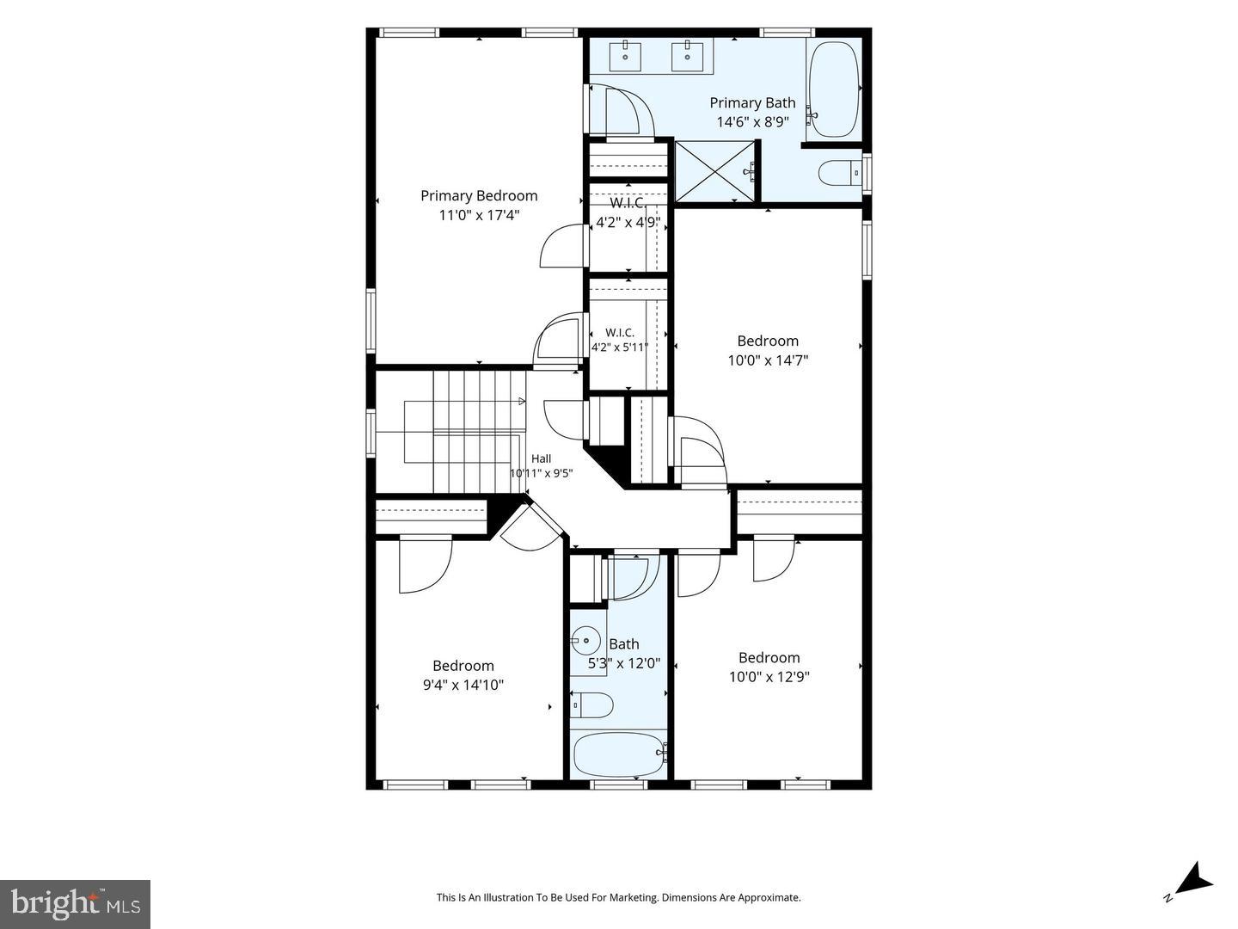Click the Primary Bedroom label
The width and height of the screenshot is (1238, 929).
pos(479,196)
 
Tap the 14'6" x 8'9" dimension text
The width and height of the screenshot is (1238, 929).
pos(752,122)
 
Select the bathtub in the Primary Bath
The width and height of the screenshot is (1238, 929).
pos(834,89)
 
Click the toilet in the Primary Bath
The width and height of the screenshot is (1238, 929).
pos(839,173)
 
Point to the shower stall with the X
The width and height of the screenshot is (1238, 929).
pos(714,171)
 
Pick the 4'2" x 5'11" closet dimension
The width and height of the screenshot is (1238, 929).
pos(620,348)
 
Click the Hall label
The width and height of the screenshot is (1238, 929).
pos(541,458)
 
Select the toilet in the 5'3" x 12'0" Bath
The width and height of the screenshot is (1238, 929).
pos(591,705)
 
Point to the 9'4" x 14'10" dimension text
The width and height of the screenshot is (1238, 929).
pos(463,685)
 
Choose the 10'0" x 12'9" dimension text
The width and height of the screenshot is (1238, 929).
pos(769,676)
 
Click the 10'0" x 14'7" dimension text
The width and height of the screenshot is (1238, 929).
pos(769,360)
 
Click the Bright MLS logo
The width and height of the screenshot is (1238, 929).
pos(75,904)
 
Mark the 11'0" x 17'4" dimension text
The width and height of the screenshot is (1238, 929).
pos(479,215)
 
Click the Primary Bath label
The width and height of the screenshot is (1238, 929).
pos(752,102)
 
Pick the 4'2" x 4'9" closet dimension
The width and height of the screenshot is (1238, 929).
pos(628,222)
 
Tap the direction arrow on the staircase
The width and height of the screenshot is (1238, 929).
pos(522,402)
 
